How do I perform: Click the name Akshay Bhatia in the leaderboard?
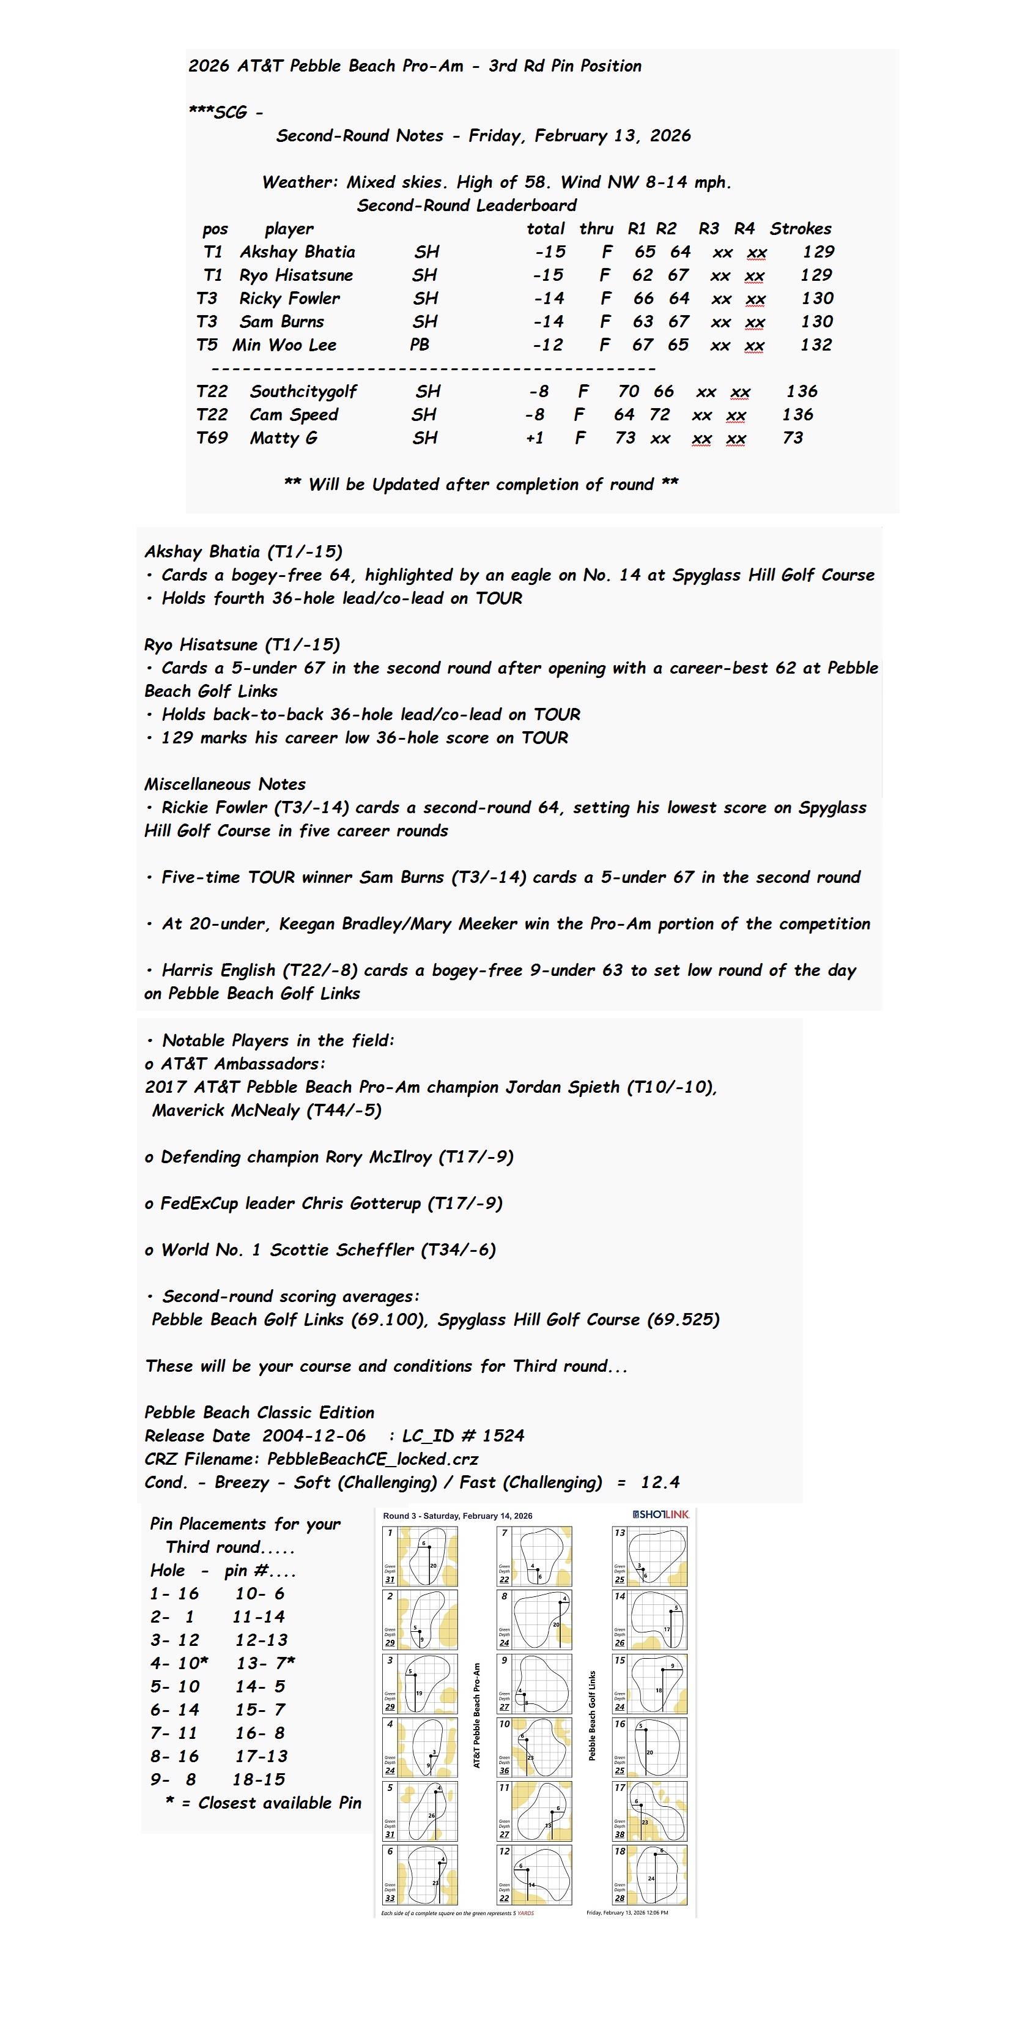pyautogui.click(x=297, y=252)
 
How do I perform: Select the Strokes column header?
pyautogui.click(x=800, y=229)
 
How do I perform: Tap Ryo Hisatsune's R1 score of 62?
pyautogui.click(x=642, y=275)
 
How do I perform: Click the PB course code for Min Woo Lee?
pyautogui.click(x=420, y=345)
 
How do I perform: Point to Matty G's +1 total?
pyautogui.click(x=535, y=438)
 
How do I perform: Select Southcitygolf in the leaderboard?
pyautogui.click(x=303, y=392)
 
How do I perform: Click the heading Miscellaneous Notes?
pyautogui.click(x=224, y=784)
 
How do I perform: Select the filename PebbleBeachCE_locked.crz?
pyautogui.click(x=372, y=1459)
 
